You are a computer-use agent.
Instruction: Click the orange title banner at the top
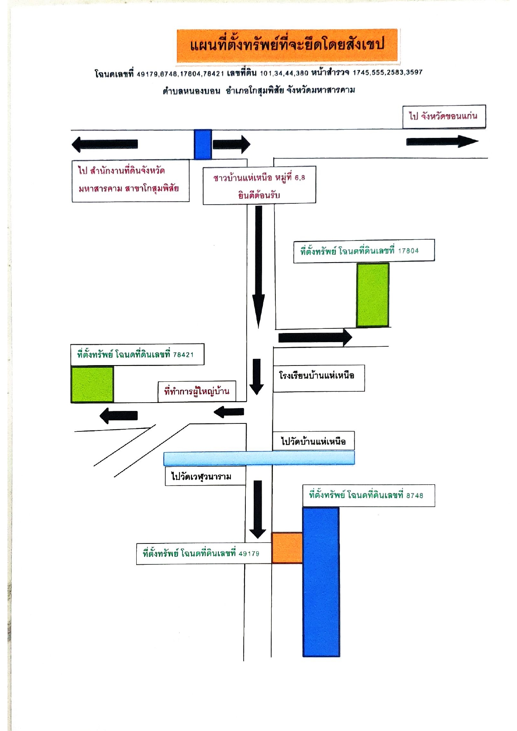[287, 45]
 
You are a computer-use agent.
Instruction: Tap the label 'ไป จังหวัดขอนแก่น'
[444, 116]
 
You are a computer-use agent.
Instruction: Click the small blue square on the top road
[203, 144]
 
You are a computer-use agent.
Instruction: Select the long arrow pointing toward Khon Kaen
[442, 142]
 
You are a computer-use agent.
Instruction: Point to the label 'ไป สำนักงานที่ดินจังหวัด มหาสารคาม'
[131, 181]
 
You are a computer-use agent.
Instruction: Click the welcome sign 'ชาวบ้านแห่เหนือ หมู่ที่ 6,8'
[259, 185]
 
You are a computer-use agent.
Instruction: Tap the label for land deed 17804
[364, 251]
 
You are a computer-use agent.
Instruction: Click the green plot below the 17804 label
[373, 295]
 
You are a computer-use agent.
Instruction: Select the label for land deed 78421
[137, 355]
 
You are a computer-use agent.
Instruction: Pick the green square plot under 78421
[92, 384]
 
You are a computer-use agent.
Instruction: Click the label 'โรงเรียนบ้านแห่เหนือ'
[319, 378]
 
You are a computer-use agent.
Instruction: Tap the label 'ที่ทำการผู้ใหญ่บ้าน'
[197, 391]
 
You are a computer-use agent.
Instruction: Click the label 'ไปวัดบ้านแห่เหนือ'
[314, 441]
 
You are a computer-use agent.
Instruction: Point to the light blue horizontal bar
[259, 458]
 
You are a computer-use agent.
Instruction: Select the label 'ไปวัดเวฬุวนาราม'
[205, 476]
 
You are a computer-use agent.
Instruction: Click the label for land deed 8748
[369, 496]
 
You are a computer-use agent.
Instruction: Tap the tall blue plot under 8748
[321, 582]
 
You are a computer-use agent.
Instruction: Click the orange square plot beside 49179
[287, 548]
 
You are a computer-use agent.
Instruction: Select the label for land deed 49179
[204, 554]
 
